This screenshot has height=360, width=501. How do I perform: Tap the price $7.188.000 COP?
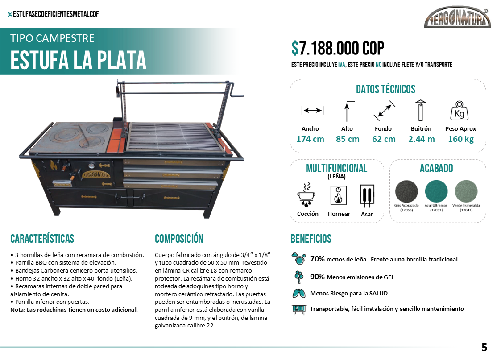(338, 48)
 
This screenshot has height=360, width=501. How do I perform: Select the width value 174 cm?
(310, 139)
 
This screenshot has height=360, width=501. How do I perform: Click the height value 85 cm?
(348, 139)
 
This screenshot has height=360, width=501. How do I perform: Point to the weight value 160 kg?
(460, 139)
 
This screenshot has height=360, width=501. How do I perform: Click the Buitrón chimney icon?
(420, 110)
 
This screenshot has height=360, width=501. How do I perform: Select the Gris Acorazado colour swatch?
(406, 192)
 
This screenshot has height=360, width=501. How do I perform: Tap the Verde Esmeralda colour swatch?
(466, 192)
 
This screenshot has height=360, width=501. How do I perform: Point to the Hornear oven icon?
(338, 195)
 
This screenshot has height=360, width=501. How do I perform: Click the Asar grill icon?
(367, 195)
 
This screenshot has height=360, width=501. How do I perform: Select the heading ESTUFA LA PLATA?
(78, 60)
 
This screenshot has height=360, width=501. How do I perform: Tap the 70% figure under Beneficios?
(317, 259)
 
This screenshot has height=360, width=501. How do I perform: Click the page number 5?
(484, 347)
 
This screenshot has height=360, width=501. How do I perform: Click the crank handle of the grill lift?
(238, 95)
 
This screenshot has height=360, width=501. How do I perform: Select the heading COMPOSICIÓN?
(179, 238)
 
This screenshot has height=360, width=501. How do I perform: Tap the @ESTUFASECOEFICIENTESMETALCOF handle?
(53, 14)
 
